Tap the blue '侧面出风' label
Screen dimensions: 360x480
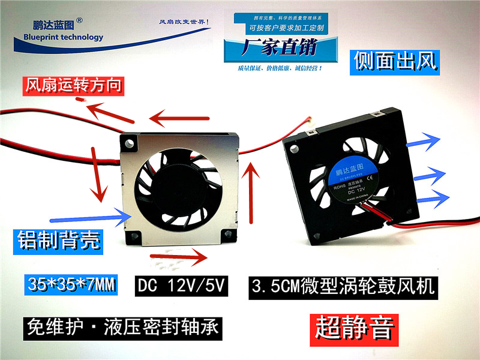[394, 61]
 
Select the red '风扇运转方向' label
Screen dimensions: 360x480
[74, 86]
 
